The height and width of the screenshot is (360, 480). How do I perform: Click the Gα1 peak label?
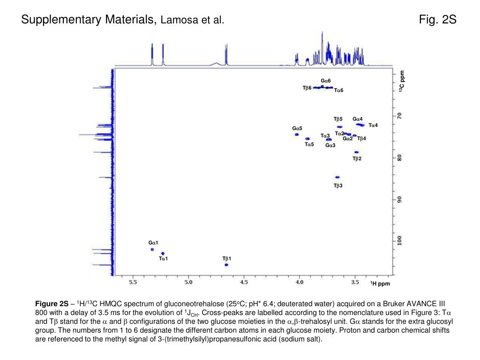(x=153, y=242)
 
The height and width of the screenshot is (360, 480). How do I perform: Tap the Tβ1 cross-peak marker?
(x=226, y=265)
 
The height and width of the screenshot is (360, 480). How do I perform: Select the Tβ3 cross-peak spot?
(x=337, y=177)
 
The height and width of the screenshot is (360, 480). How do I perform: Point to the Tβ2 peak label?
(x=357, y=158)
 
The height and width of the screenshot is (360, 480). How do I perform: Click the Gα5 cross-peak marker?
(x=297, y=135)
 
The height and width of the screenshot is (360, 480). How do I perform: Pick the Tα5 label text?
(x=309, y=144)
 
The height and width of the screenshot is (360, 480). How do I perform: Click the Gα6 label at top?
(x=326, y=81)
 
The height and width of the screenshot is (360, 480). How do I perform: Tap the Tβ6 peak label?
(x=307, y=88)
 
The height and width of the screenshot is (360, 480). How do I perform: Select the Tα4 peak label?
(x=373, y=125)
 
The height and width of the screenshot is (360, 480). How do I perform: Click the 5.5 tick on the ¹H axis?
(x=133, y=282)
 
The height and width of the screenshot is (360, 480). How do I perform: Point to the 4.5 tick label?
(x=244, y=282)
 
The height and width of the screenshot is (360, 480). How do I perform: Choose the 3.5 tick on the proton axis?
(x=355, y=282)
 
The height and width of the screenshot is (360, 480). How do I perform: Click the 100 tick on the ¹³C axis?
(x=399, y=240)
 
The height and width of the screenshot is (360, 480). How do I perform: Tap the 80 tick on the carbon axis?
(x=399, y=157)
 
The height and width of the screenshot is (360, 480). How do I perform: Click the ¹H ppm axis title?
(x=380, y=284)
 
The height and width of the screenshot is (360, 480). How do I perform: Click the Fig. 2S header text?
(x=438, y=20)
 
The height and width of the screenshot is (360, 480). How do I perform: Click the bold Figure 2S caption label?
(x=52, y=304)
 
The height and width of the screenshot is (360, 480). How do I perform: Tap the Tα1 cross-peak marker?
(x=163, y=253)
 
